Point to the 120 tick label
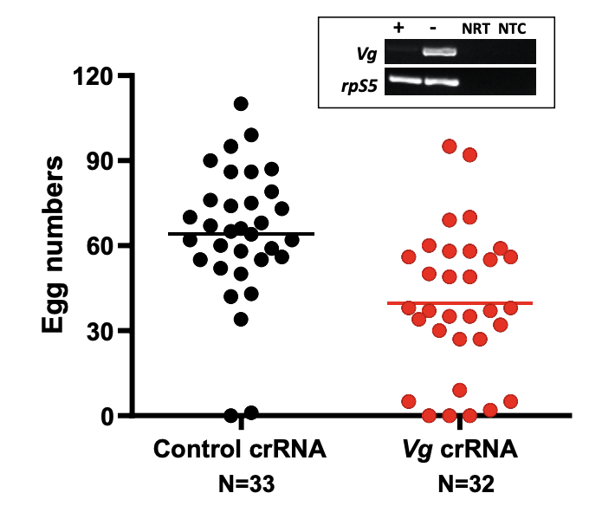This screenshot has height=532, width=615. tap(94, 76)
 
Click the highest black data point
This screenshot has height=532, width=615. tap(241, 104)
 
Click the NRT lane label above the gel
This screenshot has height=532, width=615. tap(473, 28)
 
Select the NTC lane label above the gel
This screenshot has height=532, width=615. tap(511, 28)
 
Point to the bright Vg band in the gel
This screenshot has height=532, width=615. tap(438, 52)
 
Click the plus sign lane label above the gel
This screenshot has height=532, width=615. tap(398, 26)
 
